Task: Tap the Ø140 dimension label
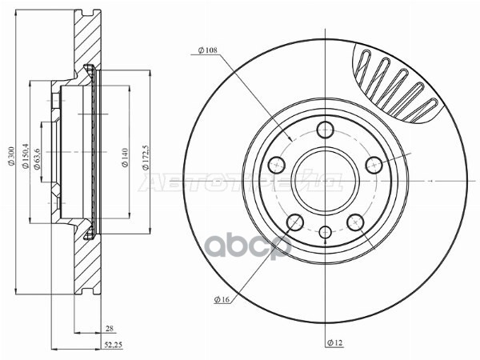click(125, 157)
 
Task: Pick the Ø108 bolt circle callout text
click(209, 51)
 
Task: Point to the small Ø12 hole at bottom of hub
click(325, 233)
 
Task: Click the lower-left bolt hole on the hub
click(295, 223)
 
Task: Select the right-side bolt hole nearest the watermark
click(373, 166)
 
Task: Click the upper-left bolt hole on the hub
click(278, 166)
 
